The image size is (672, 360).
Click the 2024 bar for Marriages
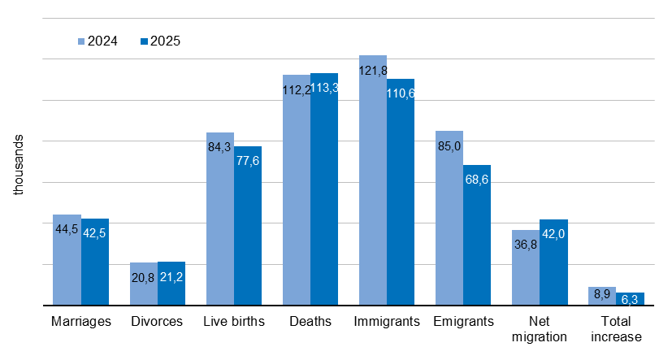[67, 260]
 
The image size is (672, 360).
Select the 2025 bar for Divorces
[171, 284]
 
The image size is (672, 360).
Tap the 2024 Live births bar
[220, 219]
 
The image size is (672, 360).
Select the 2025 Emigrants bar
[477, 235]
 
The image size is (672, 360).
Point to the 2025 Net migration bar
[553, 262]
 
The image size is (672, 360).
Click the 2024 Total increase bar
[602, 296]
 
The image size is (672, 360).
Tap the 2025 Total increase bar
[630, 298]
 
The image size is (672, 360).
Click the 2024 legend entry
[98, 41]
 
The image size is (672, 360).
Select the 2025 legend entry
[160, 41]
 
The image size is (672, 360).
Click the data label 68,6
[477, 179]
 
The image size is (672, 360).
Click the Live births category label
[234, 322]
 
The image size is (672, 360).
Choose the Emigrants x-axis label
[463, 322]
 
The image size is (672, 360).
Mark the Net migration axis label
[540, 329]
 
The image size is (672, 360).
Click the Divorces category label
[157, 322]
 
